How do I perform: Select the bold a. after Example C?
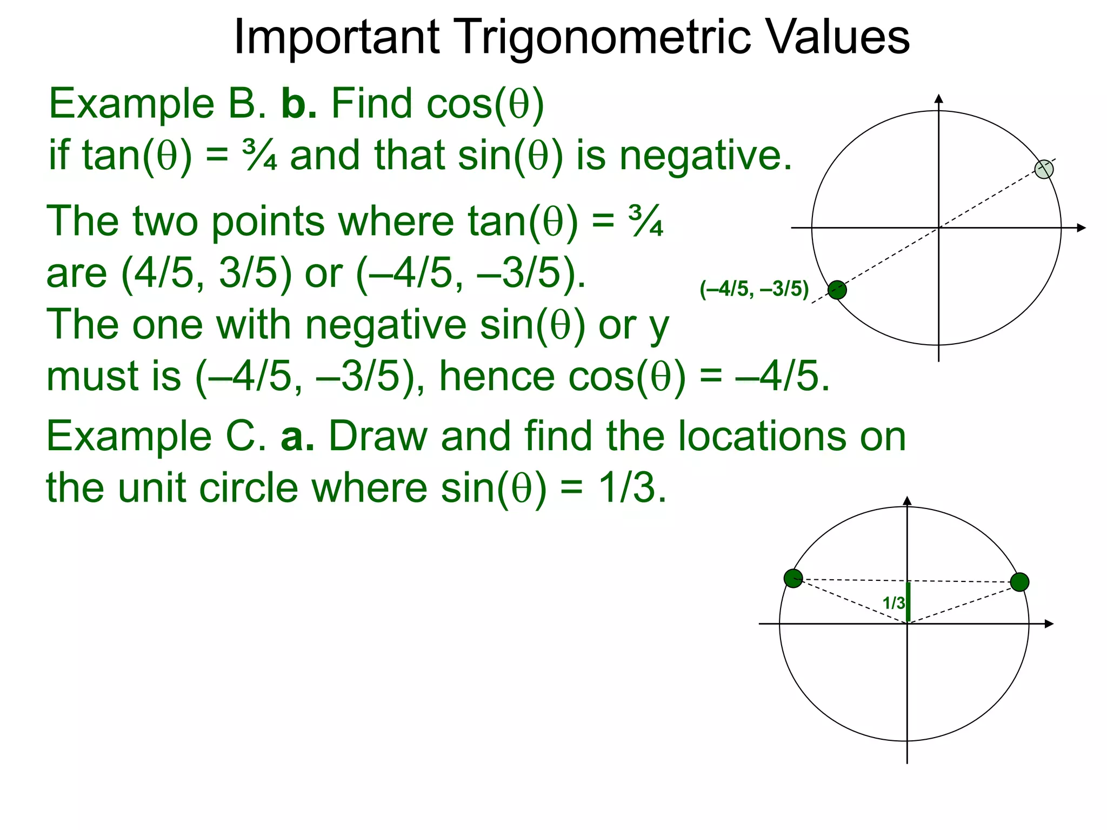(x=297, y=436)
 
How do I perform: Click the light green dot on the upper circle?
(x=1044, y=169)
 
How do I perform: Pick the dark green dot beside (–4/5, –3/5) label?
(x=837, y=290)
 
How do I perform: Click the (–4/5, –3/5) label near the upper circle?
(x=754, y=289)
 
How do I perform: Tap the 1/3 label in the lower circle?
(x=893, y=603)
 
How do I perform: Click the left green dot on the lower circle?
(x=793, y=578)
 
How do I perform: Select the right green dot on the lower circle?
(x=1019, y=582)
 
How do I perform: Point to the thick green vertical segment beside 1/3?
(x=908, y=602)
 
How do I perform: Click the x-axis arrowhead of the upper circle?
(x=1081, y=228)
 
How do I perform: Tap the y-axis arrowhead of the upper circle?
(x=939, y=98)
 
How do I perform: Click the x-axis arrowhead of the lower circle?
(x=1049, y=624)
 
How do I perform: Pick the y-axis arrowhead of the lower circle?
(x=908, y=500)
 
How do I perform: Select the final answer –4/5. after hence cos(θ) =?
(x=782, y=377)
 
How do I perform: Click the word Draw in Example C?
(x=378, y=436)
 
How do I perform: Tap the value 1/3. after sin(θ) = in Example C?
(x=632, y=488)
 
